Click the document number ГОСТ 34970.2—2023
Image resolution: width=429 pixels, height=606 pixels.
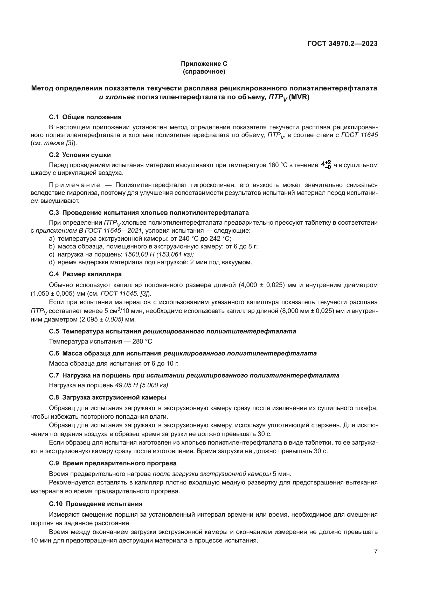pyautogui.click(x=342, y=44)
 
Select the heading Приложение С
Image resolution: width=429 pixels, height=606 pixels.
pyautogui.click(x=204, y=64)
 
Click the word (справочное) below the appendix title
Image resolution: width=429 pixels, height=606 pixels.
pyautogui.click(x=204, y=72)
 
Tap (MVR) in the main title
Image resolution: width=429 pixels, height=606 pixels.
pyautogui.click(x=299, y=97)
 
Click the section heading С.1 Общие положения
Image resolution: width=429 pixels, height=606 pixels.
pyautogui.click(x=85, y=117)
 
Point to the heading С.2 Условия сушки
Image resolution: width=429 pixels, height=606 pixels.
pyautogui.click(x=80, y=155)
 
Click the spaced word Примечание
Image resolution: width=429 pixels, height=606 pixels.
pyautogui.click(x=74, y=185)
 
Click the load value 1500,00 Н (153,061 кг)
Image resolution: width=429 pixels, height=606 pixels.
pyautogui.click(x=159, y=254)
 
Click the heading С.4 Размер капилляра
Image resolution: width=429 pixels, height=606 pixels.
pyautogui.click(x=85, y=274)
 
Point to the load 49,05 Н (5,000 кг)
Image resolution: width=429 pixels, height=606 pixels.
pyautogui.click(x=142, y=385)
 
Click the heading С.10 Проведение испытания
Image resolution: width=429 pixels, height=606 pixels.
pyautogui.click(x=96, y=504)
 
